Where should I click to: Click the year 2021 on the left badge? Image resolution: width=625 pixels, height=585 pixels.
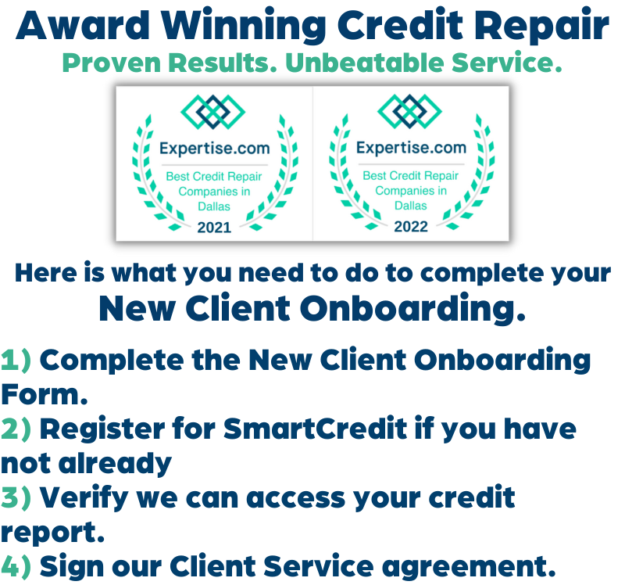[x=214, y=228]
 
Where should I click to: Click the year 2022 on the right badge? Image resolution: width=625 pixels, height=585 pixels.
[x=411, y=227]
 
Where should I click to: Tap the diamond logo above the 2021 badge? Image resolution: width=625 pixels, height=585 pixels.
[x=212, y=112]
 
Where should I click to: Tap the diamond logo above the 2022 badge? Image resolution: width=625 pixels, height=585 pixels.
[x=409, y=111]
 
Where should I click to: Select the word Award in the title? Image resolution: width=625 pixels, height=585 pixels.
[x=83, y=26]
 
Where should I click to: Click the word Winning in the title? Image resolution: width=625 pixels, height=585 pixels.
[x=243, y=27]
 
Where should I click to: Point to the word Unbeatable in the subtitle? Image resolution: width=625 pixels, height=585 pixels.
[x=365, y=63]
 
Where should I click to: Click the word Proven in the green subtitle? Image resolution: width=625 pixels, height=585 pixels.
[x=111, y=63]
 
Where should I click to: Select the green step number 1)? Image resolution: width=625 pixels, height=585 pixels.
[x=16, y=361]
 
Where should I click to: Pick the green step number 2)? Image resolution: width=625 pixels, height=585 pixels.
[x=16, y=429]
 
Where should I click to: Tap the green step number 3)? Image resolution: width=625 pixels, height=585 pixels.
[x=16, y=498]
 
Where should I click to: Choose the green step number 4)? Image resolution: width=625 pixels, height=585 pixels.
[x=16, y=567]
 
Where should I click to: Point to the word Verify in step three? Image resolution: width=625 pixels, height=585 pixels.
[x=84, y=499]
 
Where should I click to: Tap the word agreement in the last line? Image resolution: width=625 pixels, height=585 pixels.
[x=469, y=569]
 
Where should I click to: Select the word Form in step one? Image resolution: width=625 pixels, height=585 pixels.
[x=45, y=395]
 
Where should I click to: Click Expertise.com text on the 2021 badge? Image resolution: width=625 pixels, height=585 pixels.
[x=214, y=149]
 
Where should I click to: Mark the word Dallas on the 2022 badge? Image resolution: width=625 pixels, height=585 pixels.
[x=411, y=206]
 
